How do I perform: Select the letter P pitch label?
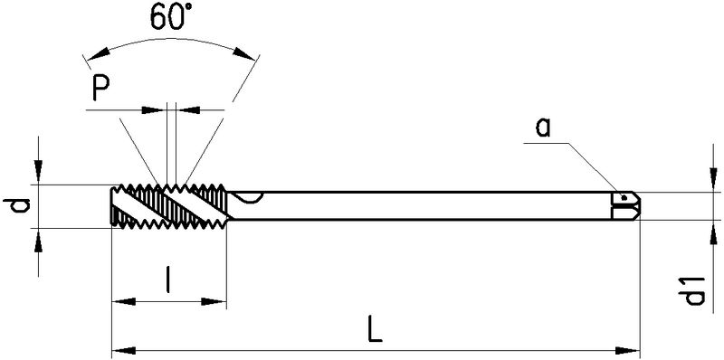[100, 88]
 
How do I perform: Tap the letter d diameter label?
[17, 205]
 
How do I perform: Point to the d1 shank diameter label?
[694, 290]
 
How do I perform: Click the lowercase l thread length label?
[168, 279]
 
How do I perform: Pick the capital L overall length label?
[375, 328]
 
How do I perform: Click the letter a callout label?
[544, 128]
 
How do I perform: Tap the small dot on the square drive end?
[624, 198]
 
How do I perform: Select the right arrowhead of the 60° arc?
[243, 53]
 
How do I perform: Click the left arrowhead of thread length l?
[124, 302]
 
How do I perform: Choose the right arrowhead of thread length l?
[214, 302]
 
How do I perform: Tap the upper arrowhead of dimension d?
[38, 172]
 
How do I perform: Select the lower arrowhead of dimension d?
[38, 240]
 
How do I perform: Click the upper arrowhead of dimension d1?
[714, 179]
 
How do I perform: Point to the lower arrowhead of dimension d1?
[714, 232]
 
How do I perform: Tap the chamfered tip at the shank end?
[634, 206]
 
